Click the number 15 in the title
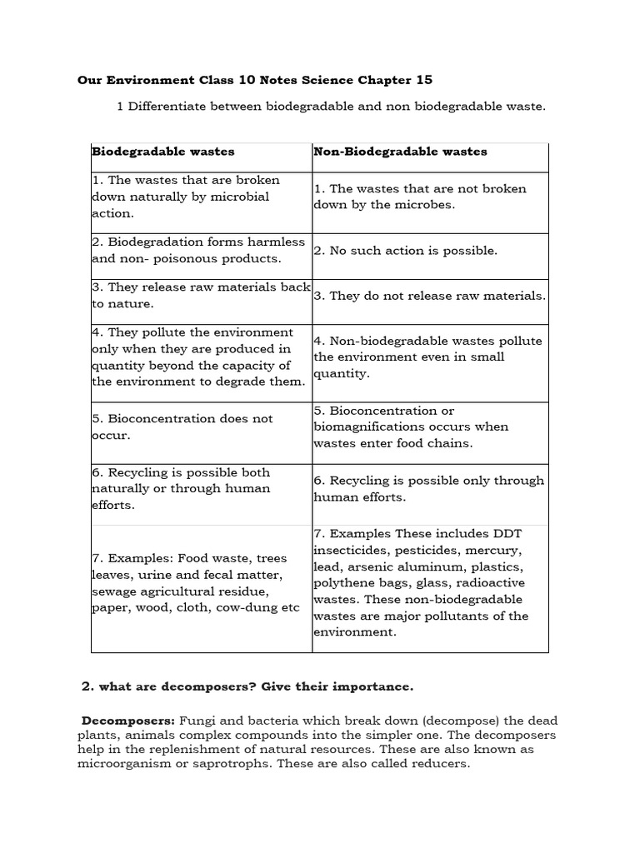[x=424, y=80]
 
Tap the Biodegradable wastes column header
[x=162, y=152]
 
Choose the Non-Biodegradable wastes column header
[x=400, y=152]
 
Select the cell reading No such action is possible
[x=405, y=250]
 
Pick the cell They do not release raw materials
[x=430, y=296]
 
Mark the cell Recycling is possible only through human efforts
[x=428, y=488]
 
